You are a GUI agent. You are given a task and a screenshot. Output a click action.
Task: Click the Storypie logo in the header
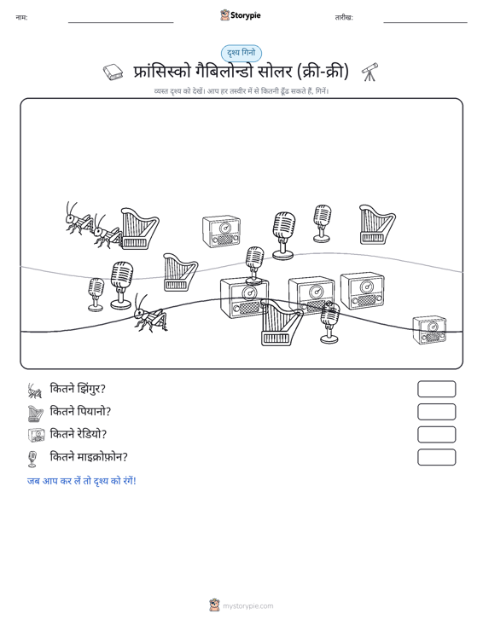(x=241, y=15)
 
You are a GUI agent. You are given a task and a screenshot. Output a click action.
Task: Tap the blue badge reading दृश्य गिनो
(x=241, y=53)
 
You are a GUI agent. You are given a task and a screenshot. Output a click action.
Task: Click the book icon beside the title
(x=113, y=72)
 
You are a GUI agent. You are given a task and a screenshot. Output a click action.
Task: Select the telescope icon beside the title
(x=370, y=72)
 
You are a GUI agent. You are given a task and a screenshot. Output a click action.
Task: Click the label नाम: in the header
(x=21, y=18)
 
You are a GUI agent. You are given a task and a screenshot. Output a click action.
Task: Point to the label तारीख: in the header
(x=344, y=18)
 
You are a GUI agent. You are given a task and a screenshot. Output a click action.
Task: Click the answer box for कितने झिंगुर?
(x=436, y=389)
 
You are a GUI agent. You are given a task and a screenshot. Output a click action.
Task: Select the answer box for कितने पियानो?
(x=436, y=412)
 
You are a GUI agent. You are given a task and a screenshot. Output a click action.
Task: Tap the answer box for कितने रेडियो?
(x=436, y=435)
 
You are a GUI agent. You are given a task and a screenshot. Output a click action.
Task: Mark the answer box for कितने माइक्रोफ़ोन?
(x=436, y=457)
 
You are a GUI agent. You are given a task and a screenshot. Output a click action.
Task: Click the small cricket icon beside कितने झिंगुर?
(x=35, y=391)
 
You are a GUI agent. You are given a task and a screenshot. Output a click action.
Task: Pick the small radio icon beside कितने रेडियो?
(x=37, y=435)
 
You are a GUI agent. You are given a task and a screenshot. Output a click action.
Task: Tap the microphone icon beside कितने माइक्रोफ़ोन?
(x=32, y=459)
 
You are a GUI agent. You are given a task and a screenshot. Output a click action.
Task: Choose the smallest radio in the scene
(x=429, y=330)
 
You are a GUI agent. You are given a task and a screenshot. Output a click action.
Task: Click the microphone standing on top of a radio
(x=254, y=264)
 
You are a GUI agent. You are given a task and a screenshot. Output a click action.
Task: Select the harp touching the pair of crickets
(x=139, y=229)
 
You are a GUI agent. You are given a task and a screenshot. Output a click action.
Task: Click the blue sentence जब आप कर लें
(x=81, y=481)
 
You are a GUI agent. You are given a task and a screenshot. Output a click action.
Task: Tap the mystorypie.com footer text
(x=247, y=606)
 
